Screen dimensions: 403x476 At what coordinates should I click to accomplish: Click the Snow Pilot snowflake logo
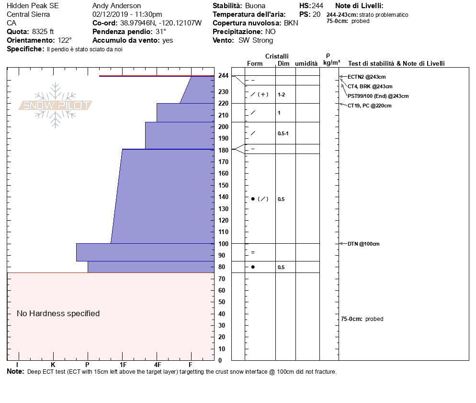[x=56, y=105]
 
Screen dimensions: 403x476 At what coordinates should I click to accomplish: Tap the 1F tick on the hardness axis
[x=123, y=364]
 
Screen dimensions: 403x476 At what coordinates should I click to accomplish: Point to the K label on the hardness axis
[x=53, y=364]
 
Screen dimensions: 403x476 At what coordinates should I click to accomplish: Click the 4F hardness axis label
[x=157, y=364]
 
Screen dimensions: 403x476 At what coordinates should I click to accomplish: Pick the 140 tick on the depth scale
[x=223, y=197]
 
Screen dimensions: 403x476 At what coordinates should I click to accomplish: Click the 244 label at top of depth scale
[x=223, y=76]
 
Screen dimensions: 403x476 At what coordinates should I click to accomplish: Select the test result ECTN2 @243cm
[x=366, y=77]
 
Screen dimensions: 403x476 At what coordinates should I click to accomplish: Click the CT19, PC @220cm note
[x=369, y=106]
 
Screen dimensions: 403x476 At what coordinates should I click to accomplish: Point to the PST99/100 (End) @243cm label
[x=378, y=96]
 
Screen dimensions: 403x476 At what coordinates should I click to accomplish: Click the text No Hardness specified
[x=58, y=313]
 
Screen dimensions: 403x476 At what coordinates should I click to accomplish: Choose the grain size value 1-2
[x=282, y=95]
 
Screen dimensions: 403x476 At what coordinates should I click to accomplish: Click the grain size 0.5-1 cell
[x=283, y=133]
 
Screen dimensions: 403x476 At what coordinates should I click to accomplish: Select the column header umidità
[x=306, y=63]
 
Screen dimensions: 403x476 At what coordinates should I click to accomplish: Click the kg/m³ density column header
[x=331, y=63]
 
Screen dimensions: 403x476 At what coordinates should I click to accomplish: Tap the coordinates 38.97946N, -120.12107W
[x=164, y=23]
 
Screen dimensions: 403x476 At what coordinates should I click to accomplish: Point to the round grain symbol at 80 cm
[x=253, y=267]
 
